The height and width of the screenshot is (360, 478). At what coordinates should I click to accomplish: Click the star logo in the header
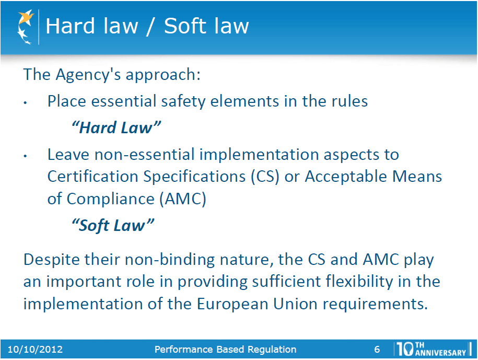[x=25, y=26]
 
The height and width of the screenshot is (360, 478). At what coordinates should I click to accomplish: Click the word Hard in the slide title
[x=66, y=26]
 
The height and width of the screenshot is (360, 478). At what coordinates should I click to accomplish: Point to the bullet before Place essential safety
[x=25, y=102]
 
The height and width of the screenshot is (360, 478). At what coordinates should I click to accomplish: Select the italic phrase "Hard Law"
[x=115, y=127]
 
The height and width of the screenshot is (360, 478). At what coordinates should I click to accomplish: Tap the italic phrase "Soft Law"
[x=112, y=226]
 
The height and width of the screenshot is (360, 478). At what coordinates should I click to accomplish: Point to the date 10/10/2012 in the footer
[x=35, y=350]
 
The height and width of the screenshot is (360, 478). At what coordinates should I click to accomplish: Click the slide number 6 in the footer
[x=377, y=350]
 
